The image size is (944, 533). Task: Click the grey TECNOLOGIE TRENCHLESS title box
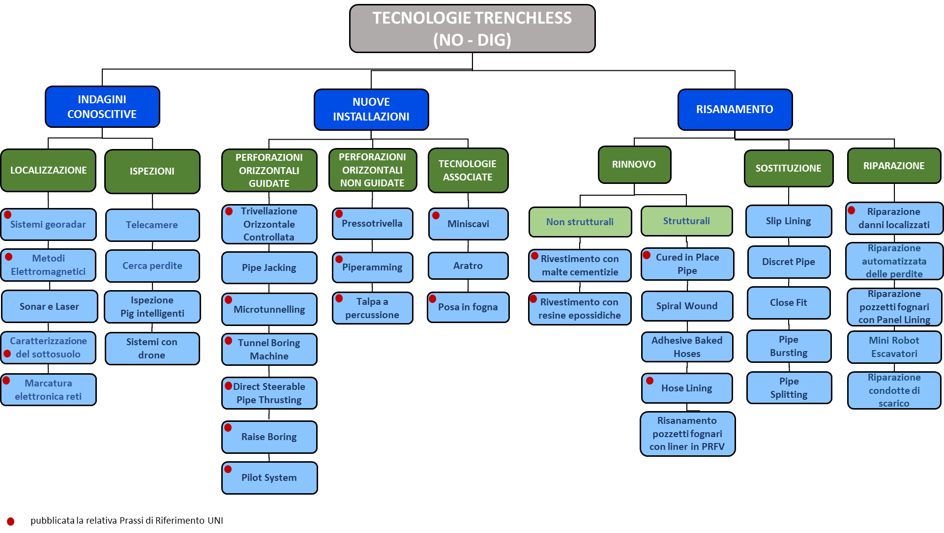click(472, 29)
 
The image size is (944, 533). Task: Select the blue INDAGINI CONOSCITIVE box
click(102, 107)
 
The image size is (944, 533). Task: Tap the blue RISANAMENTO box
click(735, 109)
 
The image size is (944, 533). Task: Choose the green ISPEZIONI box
click(152, 171)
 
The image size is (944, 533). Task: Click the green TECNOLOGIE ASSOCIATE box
click(468, 170)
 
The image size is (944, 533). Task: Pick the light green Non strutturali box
click(580, 222)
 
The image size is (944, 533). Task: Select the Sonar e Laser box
click(49, 306)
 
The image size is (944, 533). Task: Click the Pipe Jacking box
click(269, 267)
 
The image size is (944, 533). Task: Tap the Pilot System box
click(269, 477)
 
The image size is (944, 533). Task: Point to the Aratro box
click(468, 266)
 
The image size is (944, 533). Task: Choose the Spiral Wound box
click(687, 306)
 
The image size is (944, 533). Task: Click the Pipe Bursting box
click(789, 346)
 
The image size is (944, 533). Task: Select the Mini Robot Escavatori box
click(894, 347)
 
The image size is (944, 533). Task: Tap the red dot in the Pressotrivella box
click(339, 214)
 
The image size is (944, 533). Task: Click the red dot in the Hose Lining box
click(650, 381)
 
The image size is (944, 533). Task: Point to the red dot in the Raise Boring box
click(228, 428)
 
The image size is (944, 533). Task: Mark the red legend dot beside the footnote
click(11, 521)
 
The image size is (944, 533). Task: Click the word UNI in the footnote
click(215, 520)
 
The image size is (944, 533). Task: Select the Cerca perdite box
click(152, 266)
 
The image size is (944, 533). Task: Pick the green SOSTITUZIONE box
click(788, 168)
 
